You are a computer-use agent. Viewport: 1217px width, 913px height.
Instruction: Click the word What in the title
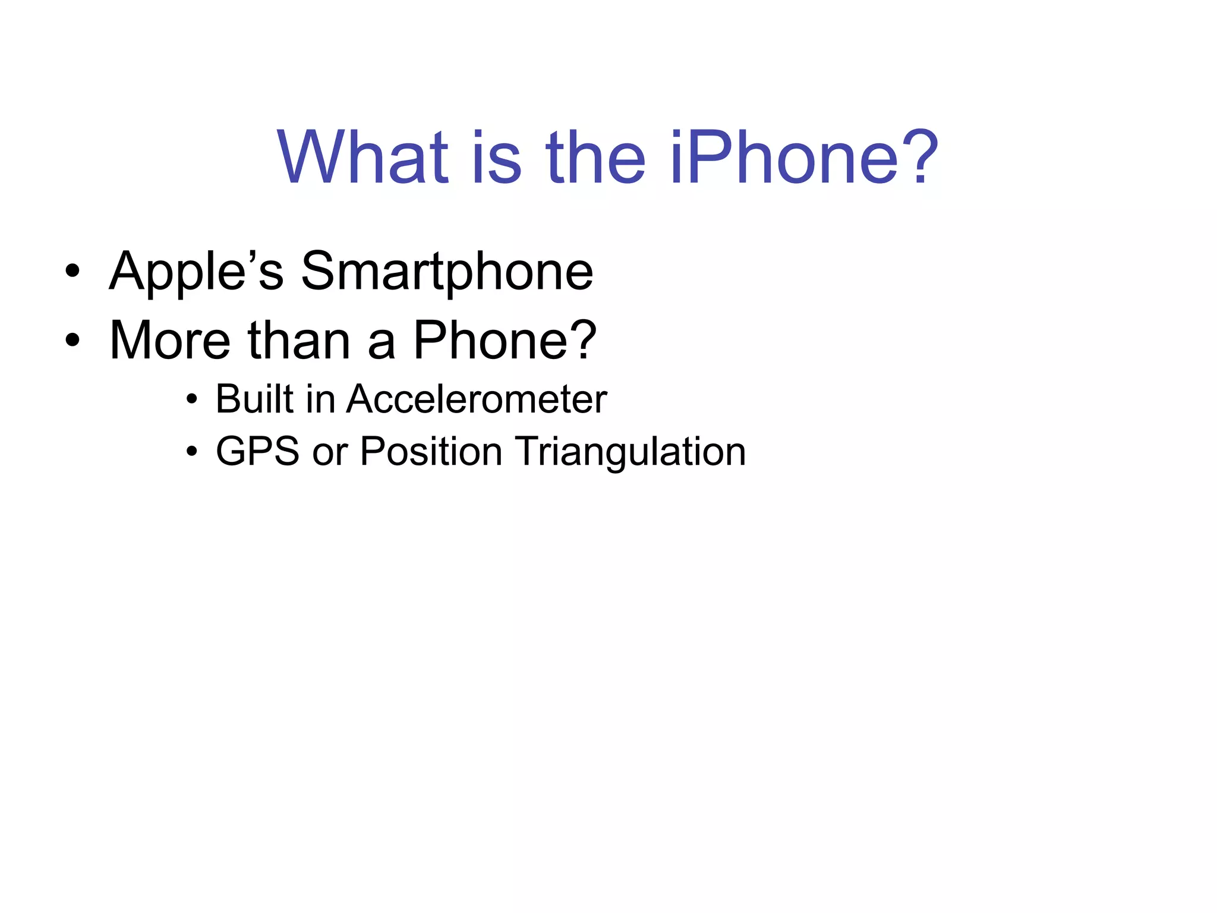click(362, 157)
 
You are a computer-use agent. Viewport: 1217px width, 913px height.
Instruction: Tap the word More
click(170, 340)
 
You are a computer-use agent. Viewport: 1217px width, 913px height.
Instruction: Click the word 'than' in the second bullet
click(299, 340)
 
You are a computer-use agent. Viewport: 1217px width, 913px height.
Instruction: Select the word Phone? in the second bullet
click(505, 340)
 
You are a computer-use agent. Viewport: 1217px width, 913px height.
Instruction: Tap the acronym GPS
click(257, 451)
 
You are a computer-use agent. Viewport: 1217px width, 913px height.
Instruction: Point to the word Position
click(431, 451)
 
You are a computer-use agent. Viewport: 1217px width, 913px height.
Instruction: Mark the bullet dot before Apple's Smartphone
click(72, 272)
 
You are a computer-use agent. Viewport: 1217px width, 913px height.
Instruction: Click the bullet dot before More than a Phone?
click(72, 341)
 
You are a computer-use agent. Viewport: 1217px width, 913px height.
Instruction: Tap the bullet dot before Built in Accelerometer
click(191, 399)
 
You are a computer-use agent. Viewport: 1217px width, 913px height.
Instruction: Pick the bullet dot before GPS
click(191, 452)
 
